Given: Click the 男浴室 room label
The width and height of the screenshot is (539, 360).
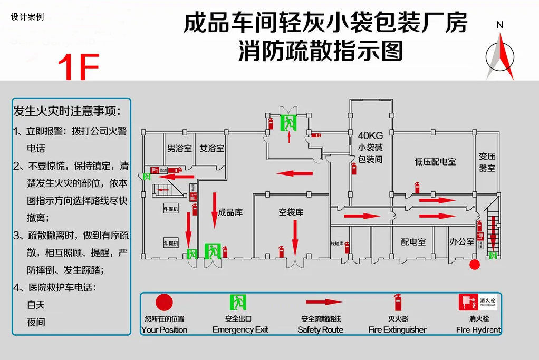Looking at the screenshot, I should click(180, 149).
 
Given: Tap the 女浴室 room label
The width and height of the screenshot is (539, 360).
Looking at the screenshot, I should click(212, 149).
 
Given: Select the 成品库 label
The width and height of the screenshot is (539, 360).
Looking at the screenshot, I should click(230, 212).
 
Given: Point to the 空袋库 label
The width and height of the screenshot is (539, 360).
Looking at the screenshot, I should click(291, 212).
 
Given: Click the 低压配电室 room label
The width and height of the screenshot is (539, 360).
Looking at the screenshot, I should click(435, 161).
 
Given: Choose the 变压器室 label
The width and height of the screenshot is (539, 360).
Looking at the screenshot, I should click(487, 162).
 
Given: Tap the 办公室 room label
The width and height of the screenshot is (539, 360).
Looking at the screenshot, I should click(462, 241).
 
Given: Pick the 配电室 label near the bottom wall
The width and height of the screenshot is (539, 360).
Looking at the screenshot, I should click(413, 241).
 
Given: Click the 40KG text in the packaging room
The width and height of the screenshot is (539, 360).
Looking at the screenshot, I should click(370, 135).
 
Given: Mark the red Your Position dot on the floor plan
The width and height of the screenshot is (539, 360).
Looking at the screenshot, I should click(475, 265).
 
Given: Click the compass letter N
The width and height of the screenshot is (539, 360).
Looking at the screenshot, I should click(500, 25).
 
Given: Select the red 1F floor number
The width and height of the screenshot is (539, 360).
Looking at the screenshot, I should click(78, 67).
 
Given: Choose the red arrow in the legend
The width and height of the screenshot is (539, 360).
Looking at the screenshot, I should click(324, 303).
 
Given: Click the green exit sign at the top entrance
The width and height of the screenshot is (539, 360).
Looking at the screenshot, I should click(288, 123).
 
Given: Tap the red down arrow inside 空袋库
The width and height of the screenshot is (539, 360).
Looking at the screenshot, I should click(295, 237).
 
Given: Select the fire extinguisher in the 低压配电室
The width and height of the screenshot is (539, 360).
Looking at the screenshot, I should click(417, 188).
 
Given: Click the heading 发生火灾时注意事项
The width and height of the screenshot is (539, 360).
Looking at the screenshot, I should click(67, 112).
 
